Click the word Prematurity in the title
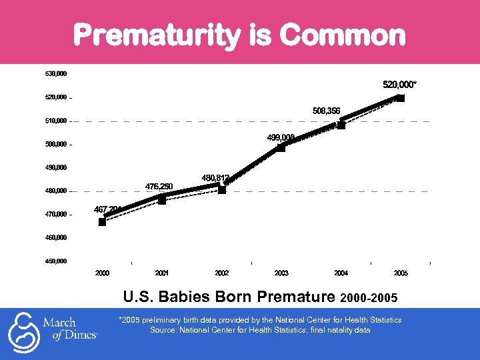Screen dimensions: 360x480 pos(157,35)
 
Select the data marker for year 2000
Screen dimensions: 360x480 pos(102,222)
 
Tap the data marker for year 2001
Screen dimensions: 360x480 pos(161,200)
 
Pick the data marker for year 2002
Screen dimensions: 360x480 pos(222,190)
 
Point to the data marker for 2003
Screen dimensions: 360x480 pos(281,147)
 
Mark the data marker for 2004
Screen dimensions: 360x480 pos(341,125)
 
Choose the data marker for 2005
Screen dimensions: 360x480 pos(401,98)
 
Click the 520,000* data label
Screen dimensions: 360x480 pos(399,85)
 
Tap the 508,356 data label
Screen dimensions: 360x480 pos(326,111)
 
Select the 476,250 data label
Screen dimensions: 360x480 pos(159,186)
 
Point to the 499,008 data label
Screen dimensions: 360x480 pos(281,137)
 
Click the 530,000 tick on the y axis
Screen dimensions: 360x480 pos(56,73)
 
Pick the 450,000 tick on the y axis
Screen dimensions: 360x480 pos(56,261)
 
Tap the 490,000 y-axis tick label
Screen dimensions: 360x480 pos(56,167)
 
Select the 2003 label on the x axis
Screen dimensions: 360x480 pos(281,273)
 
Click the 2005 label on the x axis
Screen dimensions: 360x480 pos(401,273)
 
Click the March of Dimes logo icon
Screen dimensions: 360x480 pos(23,331)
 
